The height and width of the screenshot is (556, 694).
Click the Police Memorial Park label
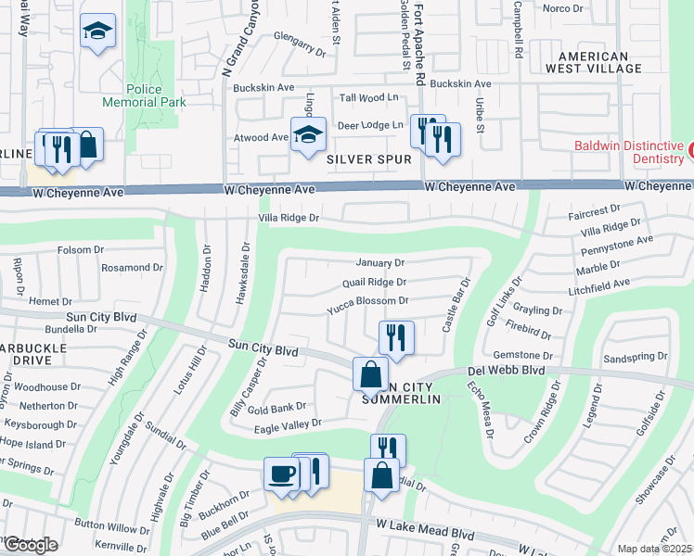pos(144,102)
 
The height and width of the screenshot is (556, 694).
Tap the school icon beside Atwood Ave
pos(308,135)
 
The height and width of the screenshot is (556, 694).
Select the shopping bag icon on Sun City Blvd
pos(370,375)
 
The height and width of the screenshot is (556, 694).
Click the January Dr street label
pos(380,263)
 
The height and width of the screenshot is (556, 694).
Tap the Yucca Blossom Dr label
pos(367,300)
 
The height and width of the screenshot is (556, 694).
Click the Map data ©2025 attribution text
pos(654,549)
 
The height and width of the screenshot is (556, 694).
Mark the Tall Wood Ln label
pos(368,97)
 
